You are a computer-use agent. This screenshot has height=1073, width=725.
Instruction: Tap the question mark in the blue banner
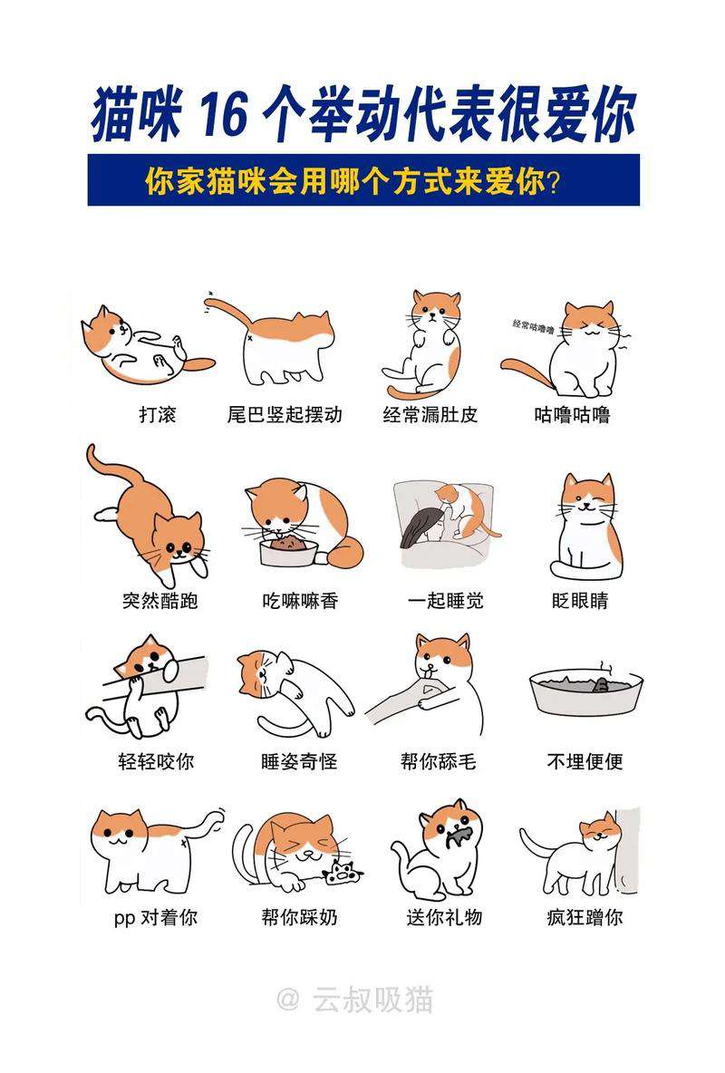[x=554, y=182]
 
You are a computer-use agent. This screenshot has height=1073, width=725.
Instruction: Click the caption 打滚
[x=158, y=414]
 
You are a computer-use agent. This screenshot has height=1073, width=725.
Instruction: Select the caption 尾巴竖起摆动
[x=285, y=414]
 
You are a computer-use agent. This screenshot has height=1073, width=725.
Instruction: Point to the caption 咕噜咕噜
[x=572, y=414]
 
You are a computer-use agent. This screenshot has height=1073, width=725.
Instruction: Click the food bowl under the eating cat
[x=290, y=551]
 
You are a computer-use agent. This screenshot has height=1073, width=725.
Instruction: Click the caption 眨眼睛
[x=580, y=600]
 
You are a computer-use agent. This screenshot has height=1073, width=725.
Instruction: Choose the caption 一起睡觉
[x=446, y=600]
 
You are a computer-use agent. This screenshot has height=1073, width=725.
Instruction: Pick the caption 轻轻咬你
[x=156, y=761]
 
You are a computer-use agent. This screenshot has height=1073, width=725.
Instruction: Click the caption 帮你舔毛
[x=438, y=761]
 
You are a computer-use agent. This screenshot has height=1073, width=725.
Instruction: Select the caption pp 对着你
[x=156, y=917]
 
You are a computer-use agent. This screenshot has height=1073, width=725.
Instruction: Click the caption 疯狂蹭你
[x=585, y=917]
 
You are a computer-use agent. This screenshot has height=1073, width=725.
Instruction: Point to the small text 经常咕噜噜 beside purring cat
[x=533, y=325]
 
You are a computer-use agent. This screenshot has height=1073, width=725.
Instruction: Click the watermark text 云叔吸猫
[x=373, y=1000]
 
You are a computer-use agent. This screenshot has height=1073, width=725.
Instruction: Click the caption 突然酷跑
[x=160, y=600]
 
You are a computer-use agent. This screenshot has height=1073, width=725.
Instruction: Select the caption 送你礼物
[x=444, y=917]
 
